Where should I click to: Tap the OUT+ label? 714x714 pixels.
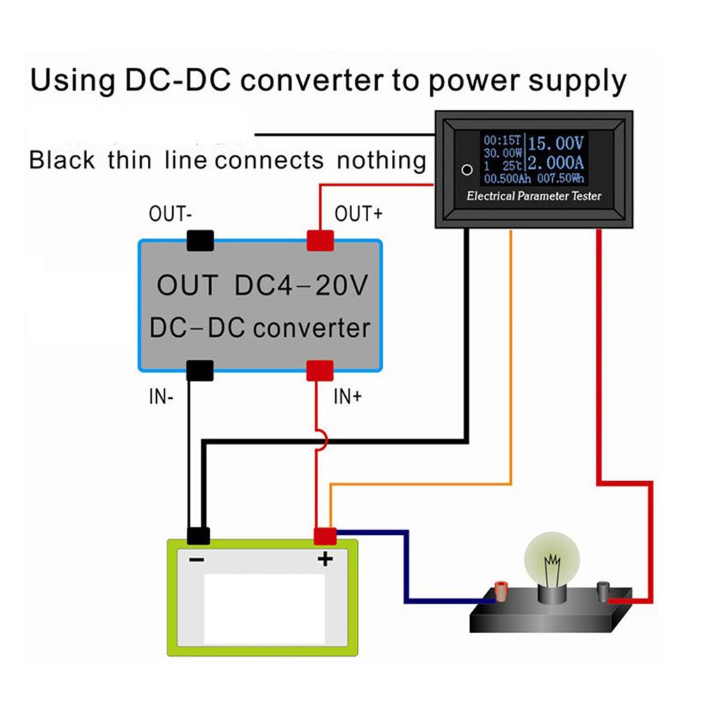[x=358, y=214]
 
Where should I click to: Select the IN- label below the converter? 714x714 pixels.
[x=160, y=398]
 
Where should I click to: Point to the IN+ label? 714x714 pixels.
[x=347, y=398]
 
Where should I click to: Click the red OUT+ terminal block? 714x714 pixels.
[x=320, y=241]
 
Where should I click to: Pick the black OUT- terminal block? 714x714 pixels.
[x=199, y=241]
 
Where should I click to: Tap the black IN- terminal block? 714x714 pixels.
[x=199, y=370]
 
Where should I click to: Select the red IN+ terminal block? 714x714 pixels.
[x=320, y=370]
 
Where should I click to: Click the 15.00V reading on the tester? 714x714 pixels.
[x=555, y=144]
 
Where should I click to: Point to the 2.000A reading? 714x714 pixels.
[x=555, y=165]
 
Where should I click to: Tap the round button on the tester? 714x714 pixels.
[x=467, y=169]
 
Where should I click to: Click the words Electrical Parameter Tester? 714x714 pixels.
[x=533, y=196]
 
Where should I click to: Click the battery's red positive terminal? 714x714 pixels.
[x=326, y=535]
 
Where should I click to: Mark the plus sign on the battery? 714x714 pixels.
[x=325, y=559]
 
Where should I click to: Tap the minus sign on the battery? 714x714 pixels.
[x=197, y=559]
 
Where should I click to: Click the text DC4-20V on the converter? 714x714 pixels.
[x=300, y=286]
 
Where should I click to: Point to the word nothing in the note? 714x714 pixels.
[x=381, y=161]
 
